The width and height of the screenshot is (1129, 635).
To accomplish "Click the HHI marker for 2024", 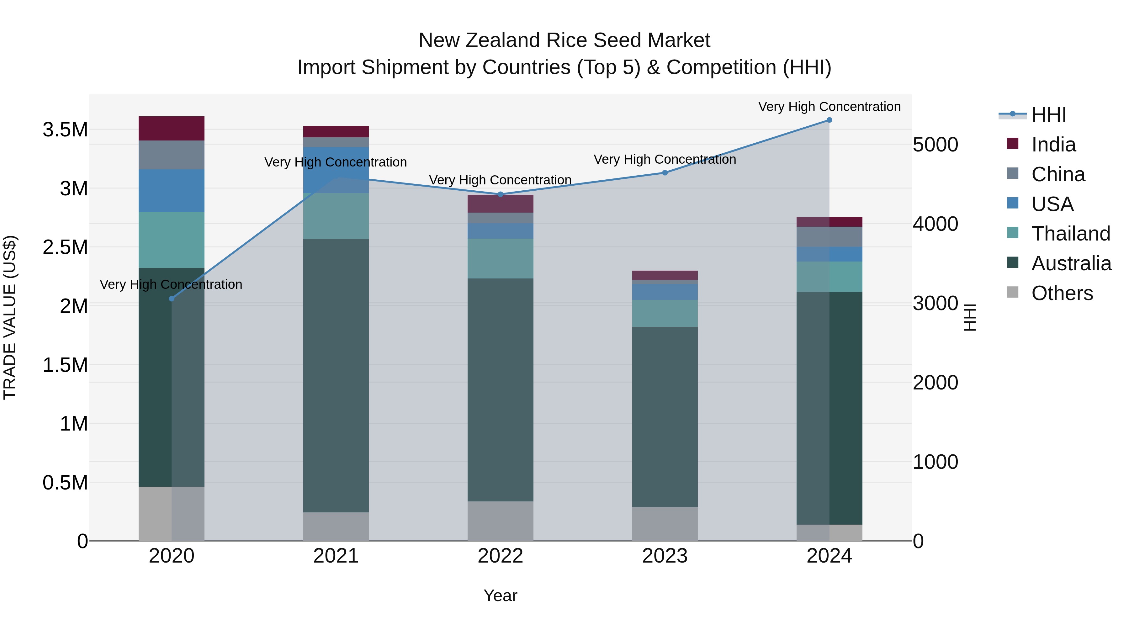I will coord(829,120).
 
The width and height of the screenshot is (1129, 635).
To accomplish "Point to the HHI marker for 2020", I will coord(172,299).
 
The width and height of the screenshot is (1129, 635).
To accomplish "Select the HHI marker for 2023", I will coord(665,173).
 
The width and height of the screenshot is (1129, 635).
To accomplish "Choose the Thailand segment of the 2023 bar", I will coord(665,313).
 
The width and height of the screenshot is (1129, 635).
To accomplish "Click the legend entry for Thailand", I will coord(1070,234).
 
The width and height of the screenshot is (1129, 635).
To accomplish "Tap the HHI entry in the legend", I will coord(1048,115).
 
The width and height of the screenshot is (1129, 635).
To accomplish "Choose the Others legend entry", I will coord(1062,293).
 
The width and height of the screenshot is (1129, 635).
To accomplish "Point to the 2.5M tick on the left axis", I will coord(65,247).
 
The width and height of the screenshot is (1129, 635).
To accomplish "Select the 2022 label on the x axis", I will coord(500,556).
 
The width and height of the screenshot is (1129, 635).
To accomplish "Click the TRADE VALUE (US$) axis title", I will coord(10,317).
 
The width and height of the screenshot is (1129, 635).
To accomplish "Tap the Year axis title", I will coord(500,595).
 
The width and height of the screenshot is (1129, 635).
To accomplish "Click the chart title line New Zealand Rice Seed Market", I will coord(564,40).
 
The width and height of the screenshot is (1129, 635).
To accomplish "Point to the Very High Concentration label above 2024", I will coord(829,107).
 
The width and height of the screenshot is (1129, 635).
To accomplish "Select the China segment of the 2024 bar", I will coord(829,237).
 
